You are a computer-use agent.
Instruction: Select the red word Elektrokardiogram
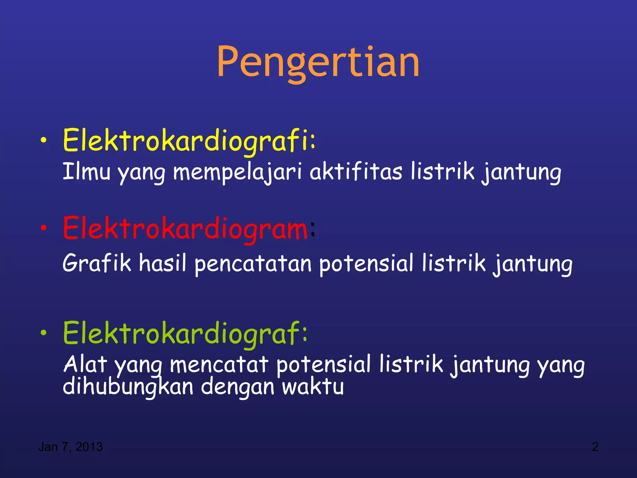pyautogui.click(x=185, y=229)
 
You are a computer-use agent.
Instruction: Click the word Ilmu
pyautogui.click(x=86, y=171)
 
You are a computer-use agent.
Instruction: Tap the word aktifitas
pyautogui.click(x=356, y=171)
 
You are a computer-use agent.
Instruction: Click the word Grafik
pyautogui.click(x=96, y=263)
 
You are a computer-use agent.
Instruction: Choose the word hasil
pyautogui.click(x=162, y=263)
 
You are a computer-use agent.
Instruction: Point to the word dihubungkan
pyautogui.click(x=128, y=387)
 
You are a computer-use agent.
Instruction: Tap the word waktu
pyautogui.click(x=313, y=387)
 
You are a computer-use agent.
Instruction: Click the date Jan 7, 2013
pyautogui.click(x=70, y=447)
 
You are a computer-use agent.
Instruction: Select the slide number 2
pyautogui.click(x=595, y=447)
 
